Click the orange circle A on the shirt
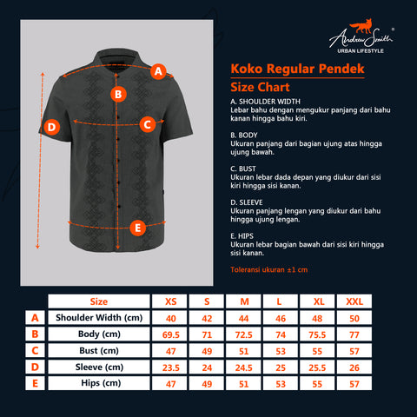[157, 72]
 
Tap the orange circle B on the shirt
[117, 94]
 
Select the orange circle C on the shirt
[147, 124]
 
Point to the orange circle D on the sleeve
[51, 128]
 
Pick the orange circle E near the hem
[136, 228]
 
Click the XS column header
[170, 301]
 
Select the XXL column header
[354, 301]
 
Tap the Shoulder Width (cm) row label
[98, 318]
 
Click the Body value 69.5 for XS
[170, 334]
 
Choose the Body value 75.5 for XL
[317, 334]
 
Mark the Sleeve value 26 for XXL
[354, 367]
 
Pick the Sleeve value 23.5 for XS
[170, 367]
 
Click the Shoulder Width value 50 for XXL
[354, 318]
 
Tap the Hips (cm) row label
[98, 383]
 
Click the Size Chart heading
[260, 88]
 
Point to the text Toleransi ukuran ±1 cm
[268, 270]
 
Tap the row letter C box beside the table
[35, 351]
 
